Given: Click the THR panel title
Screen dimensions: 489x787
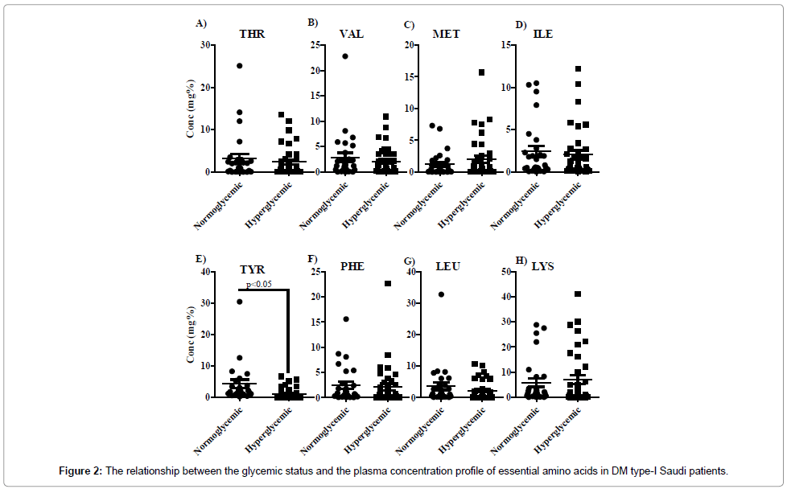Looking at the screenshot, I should point(252,35).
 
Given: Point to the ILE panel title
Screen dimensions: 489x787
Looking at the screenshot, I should point(542,35).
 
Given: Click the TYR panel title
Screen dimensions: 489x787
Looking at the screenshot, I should point(252,269).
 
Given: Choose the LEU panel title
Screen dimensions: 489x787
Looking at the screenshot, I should point(447,266).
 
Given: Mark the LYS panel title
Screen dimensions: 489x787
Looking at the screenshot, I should point(542,266).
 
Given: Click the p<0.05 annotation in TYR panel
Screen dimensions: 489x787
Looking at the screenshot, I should point(258,285).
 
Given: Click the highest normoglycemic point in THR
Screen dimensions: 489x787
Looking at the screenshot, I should point(239,66).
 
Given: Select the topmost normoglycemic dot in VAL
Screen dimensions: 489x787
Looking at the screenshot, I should point(344,56).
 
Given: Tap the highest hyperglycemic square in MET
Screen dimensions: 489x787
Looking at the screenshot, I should point(481,72).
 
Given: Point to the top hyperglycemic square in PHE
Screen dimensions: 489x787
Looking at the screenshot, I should point(387,283).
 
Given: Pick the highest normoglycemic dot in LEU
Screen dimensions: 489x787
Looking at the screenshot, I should point(441,294).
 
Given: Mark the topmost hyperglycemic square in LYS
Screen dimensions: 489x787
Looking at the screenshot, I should point(577,294).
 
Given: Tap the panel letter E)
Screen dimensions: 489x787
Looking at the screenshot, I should point(202,259).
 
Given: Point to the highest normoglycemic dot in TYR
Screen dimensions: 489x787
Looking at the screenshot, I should point(239,302).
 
